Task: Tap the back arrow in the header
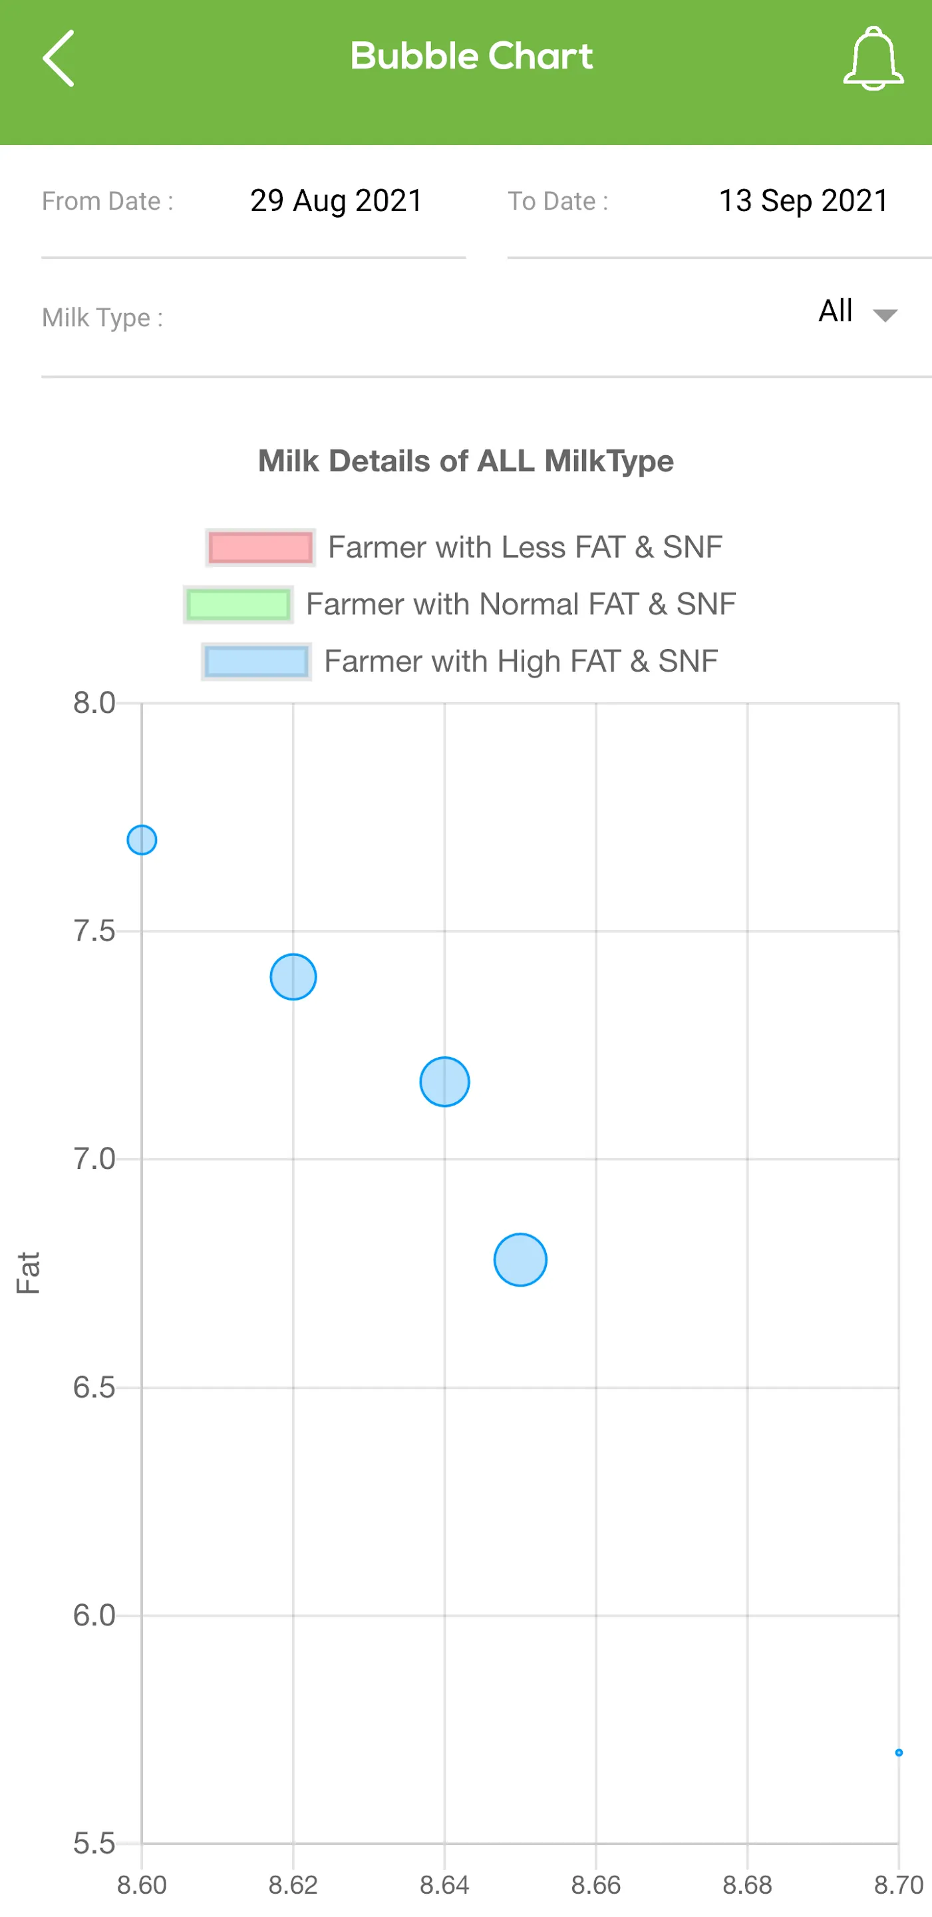point(58,58)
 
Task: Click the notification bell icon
point(873,59)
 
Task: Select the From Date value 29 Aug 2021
point(336,201)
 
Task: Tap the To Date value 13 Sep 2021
point(804,201)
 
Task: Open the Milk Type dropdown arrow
point(885,315)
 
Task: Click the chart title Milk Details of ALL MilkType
point(466,461)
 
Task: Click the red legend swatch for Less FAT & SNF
point(260,548)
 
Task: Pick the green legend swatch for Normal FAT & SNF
point(238,604)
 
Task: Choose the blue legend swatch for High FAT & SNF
point(256,662)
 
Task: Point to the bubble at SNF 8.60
point(141,840)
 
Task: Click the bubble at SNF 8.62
point(293,976)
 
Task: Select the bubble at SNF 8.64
point(445,1082)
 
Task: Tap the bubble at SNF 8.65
point(521,1260)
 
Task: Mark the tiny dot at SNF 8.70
point(899,1753)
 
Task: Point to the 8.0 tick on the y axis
point(94,704)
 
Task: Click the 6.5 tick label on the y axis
point(94,1388)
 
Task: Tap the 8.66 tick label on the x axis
point(596,1885)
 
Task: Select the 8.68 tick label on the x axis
point(748,1885)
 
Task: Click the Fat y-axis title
point(28,1273)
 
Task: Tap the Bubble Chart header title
point(472,57)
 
